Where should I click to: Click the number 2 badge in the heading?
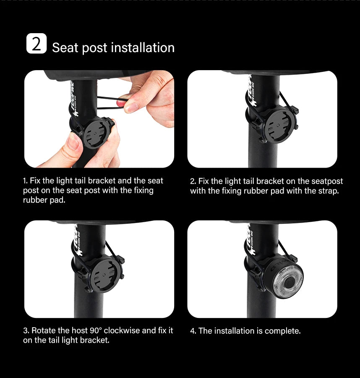(x=37, y=44)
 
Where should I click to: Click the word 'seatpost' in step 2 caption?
(x=327, y=181)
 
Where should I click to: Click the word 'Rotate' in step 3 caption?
(x=43, y=331)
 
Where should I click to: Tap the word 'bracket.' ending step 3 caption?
(x=95, y=340)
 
